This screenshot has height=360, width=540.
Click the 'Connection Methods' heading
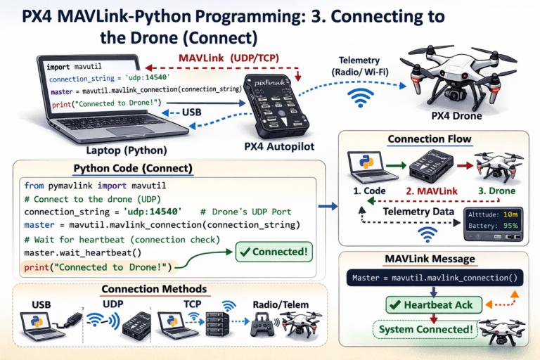(154, 289)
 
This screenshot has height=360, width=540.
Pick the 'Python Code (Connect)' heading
(133, 170)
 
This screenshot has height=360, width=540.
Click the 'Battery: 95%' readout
(491, 227)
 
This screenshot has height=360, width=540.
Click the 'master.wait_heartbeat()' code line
(78, 252)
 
